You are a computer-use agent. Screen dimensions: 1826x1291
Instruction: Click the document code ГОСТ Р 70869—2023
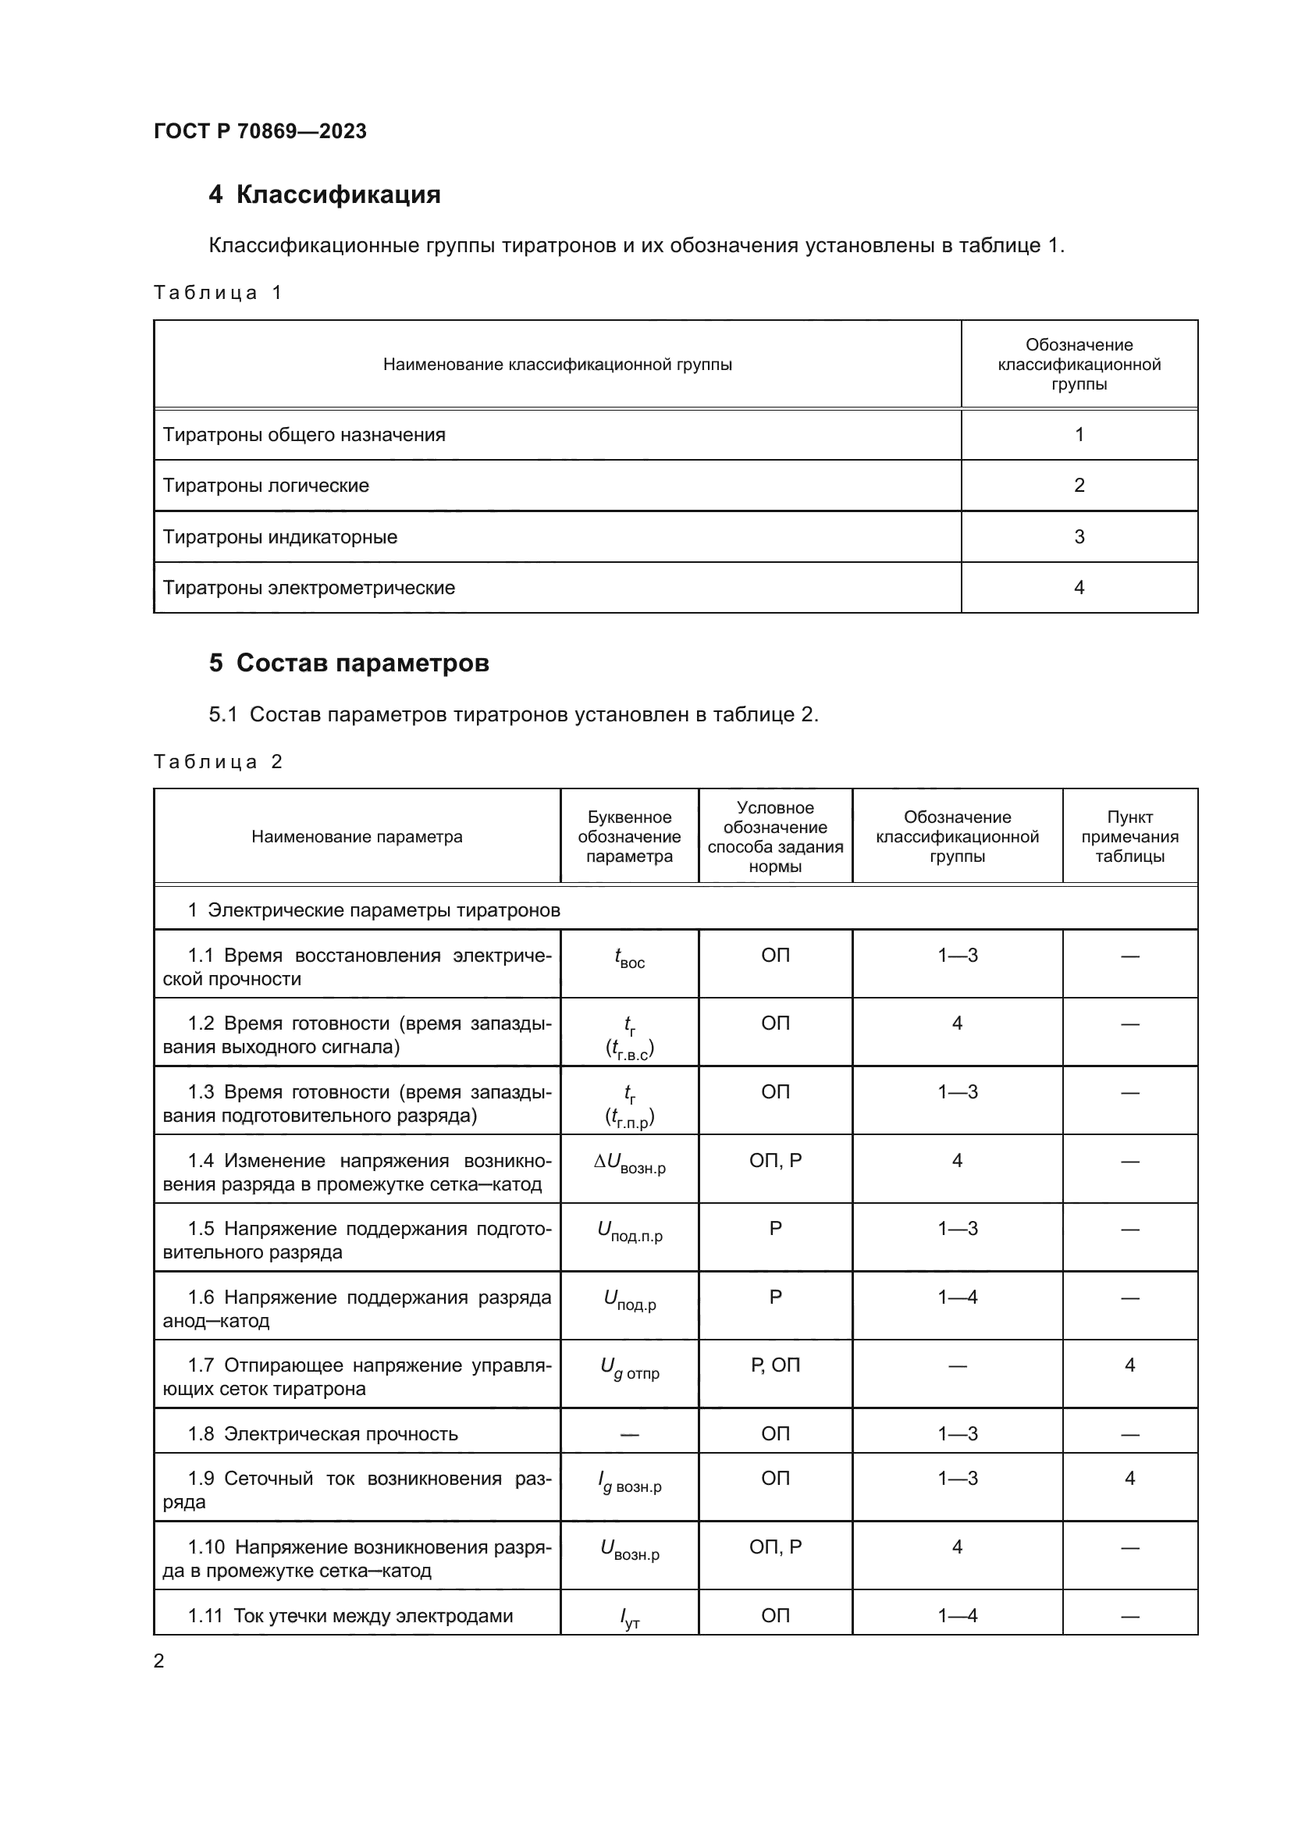tap(260, 131)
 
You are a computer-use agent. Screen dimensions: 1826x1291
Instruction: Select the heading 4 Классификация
tap(325, 195)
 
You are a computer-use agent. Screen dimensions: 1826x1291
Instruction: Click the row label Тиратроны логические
tap(265, 485)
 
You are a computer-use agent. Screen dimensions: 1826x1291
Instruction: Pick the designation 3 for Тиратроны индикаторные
tap(1079, 537)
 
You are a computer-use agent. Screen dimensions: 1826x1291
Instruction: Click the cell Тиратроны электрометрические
tap(308, 588)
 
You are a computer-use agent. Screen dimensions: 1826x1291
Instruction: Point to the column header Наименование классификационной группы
tap(557, 365)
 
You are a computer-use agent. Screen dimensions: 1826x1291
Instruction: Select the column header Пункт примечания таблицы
tap(1129, 836)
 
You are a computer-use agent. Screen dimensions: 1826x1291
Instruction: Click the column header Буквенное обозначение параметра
tap(629, 836)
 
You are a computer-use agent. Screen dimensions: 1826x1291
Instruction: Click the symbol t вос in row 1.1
tap(629, 959)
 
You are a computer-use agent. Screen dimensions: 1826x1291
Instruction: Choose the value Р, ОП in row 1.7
tap(775, 1365)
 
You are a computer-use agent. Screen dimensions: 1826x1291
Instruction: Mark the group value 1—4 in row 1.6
tap(957, 1297)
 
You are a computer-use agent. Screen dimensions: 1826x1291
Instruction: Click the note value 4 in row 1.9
tap(1129, 1479)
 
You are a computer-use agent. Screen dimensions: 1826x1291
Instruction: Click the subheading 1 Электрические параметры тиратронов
tap(374, 909)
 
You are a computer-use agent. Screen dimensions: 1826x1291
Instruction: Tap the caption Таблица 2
tap(218, 762)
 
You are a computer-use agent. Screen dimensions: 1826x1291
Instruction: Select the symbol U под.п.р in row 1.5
tap(629, 1232)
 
